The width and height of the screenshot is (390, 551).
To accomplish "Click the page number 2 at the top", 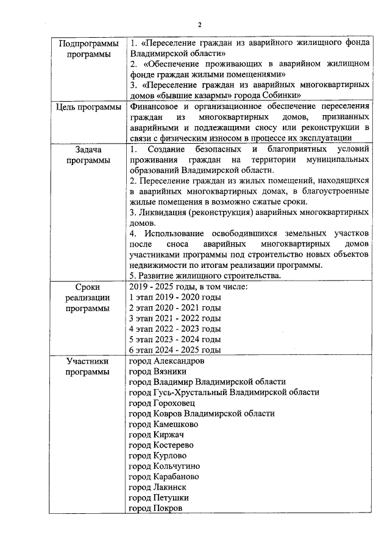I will (199, 24).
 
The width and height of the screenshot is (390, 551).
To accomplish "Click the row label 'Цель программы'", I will (88, 108).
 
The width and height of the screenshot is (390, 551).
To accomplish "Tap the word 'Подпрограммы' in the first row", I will (88, 44).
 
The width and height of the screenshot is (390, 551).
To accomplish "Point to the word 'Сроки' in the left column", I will (88, 287).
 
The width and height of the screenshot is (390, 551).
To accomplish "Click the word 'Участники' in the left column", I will (88, 361).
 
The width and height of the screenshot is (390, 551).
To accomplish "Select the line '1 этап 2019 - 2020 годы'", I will (175, 297).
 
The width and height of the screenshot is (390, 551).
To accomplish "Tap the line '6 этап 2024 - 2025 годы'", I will (175, 350).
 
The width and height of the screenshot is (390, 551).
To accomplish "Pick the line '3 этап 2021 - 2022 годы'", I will (175, 318).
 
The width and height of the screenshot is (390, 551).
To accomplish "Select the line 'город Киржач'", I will (157, 435).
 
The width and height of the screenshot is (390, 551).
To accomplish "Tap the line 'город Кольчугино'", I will (165, 466).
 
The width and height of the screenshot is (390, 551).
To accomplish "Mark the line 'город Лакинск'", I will (158, 488).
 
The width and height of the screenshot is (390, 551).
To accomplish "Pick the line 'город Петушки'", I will (158, 498).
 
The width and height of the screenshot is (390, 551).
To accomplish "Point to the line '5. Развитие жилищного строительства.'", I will (205, 276).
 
